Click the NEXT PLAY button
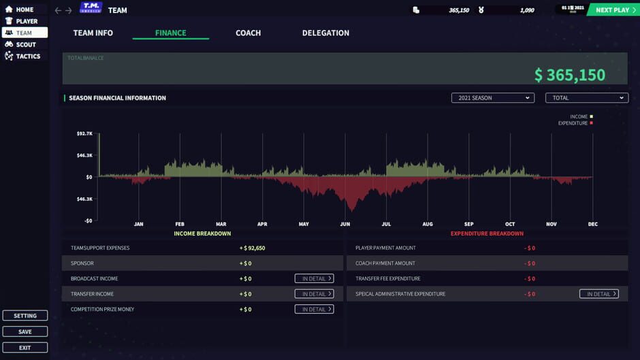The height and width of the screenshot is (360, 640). point(615,10)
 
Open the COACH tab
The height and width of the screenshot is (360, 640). point(248,33)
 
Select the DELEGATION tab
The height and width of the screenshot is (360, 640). point(325,33)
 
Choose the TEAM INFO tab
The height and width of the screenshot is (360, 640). point(93,33)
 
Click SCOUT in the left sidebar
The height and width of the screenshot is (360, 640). point(25,44)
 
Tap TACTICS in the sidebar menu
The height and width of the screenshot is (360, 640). point(27,56)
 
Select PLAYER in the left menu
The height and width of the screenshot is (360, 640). point(26,21)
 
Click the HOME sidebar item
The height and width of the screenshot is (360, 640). point(24,10)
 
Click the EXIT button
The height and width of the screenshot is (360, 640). point(25,348)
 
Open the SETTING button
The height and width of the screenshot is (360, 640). point(25,316)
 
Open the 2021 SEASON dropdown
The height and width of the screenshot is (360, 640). point(492,98)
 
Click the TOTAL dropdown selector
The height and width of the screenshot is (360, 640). point(586,98)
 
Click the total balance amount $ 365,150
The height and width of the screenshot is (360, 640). point(569,75)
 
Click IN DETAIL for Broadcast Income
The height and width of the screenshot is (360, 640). point(314,278)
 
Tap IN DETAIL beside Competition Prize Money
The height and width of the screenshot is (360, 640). point(314,309)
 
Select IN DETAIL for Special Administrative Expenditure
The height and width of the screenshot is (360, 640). point(598,294)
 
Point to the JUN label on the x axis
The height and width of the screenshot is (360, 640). point(345,224)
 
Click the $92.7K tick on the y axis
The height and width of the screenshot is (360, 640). point(84,134)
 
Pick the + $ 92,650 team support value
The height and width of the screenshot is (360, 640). point(252,248)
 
